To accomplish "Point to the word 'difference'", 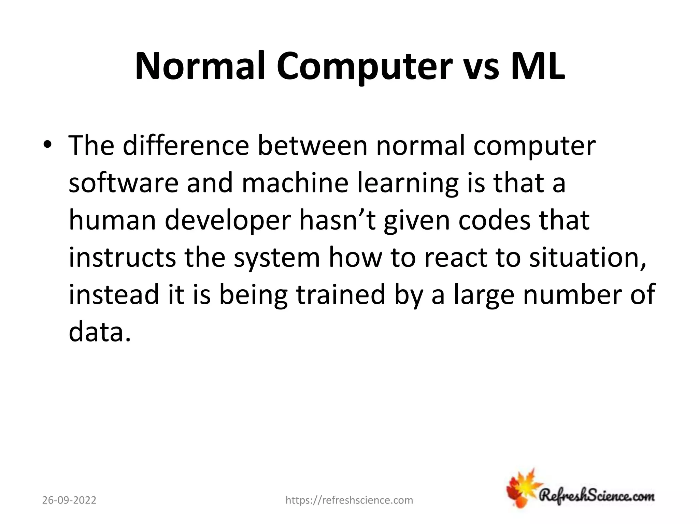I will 186,146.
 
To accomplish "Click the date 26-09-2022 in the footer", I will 69,500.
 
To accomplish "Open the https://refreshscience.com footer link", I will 349,500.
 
